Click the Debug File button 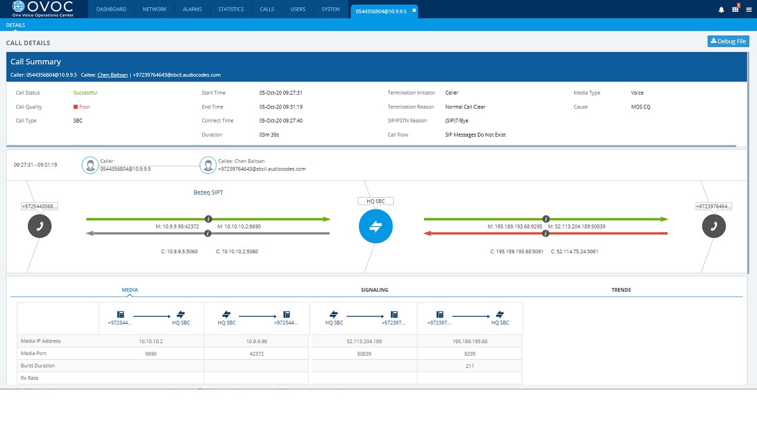coord(728,41)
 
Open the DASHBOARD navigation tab coord(111,9)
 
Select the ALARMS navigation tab coord(192,9)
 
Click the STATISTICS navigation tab coord(231,9)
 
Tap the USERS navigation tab coord(297,9)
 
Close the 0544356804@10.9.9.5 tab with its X coord(414,11)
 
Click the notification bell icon coord(721,10)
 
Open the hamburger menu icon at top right coord(749,10)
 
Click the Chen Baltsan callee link coord(112,75)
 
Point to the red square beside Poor coord(76,107)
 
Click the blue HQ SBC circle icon coord(376,226)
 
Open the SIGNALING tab coord(374,290)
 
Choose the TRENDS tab coord(621,290)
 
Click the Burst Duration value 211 coord(470,366)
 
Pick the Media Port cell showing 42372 coord(256,353)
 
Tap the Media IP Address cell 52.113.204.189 coord(363,341)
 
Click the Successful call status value coord(85,93)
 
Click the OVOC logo coord(43,9)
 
